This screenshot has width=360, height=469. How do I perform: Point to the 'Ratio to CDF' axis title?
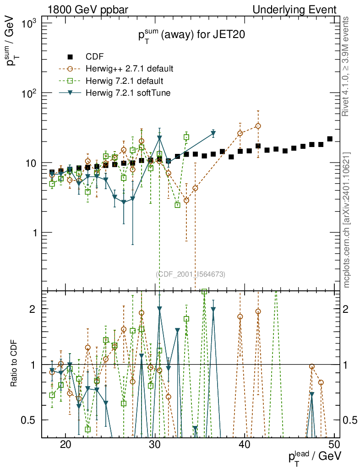14,364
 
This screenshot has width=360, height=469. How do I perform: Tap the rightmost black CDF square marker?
330,139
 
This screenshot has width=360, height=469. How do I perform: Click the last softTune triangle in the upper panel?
213,134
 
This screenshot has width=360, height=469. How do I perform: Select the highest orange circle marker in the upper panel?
258,126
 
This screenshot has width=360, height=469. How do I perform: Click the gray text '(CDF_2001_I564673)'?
191,274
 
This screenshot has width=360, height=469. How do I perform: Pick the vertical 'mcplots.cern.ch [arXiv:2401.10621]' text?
347,220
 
